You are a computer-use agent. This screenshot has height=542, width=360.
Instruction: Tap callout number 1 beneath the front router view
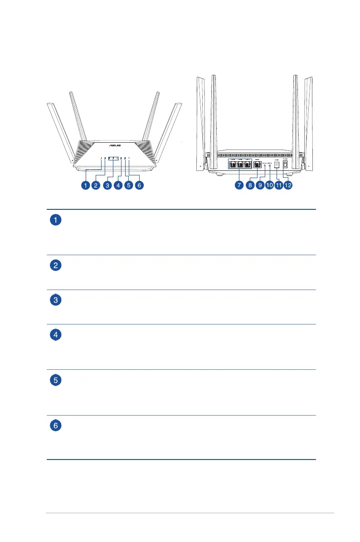[x=85, y=185]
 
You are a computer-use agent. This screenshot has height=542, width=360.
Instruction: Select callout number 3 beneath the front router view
[x=107, y=185]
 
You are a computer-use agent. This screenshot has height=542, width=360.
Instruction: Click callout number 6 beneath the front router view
[x=139, y=185]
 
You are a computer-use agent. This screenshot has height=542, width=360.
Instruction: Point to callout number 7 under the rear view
[x=239, y=185]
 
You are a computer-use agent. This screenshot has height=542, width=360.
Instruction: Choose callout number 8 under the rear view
[x=250, y=185]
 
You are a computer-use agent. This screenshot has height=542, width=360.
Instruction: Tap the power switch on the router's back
[x=285, y=165]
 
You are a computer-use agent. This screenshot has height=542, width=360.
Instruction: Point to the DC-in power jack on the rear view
[x=276, y=165]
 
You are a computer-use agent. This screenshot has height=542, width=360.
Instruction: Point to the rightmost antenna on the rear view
[x=309, y=122]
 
